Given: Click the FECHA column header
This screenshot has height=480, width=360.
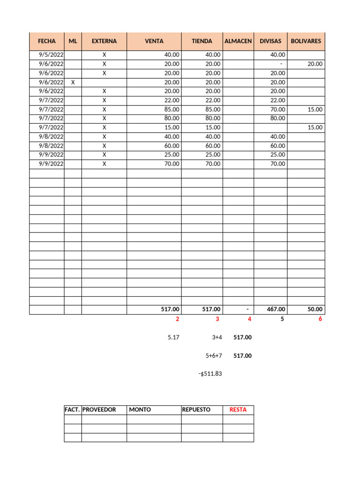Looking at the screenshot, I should point(47,41).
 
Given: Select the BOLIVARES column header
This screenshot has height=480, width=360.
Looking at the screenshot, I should point(306,41).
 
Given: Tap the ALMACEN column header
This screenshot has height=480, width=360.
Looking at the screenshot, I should point(238,41).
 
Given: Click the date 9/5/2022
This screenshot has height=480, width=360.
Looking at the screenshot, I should point(51,55).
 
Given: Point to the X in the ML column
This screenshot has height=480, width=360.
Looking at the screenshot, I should point(73,82).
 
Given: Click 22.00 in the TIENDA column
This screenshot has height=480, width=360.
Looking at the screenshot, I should point(213,100).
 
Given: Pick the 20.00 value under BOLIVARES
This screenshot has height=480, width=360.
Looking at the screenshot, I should point(315,64).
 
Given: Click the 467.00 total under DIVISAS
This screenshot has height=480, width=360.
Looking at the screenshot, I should point(276,309).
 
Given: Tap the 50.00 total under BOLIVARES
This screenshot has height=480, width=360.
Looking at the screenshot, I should point(315,309).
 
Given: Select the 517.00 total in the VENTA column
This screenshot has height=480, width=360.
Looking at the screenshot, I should point(170,309).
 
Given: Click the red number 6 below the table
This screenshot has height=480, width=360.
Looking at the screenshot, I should point(320,319).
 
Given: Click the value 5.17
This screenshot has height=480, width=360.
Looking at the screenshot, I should point(173,337).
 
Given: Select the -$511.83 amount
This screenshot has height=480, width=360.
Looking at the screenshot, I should point(210,374).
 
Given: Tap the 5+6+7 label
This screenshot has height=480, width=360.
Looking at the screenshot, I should point(213,356).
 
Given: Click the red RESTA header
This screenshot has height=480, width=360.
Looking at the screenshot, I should point(238,410).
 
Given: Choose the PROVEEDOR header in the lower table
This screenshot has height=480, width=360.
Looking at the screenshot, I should point(99,410).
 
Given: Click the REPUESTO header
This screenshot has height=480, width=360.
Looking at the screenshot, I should point(196,410).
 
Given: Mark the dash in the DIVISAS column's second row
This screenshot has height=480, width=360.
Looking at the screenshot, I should point(280,64).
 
